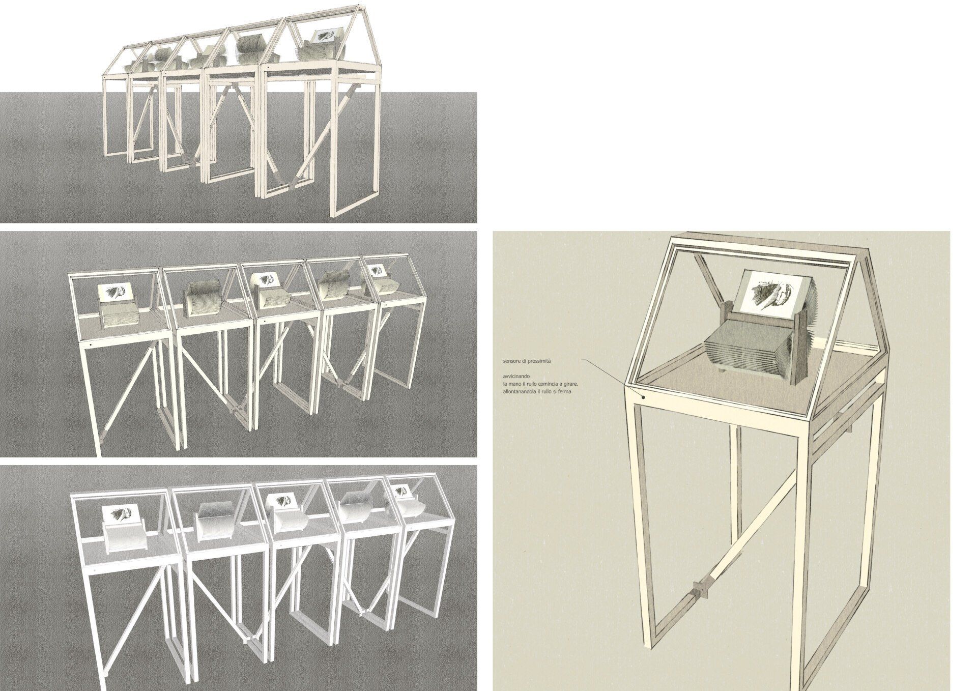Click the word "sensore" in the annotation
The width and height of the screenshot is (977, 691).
coord(509,361)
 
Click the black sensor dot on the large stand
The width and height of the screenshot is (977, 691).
coord(643,396)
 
